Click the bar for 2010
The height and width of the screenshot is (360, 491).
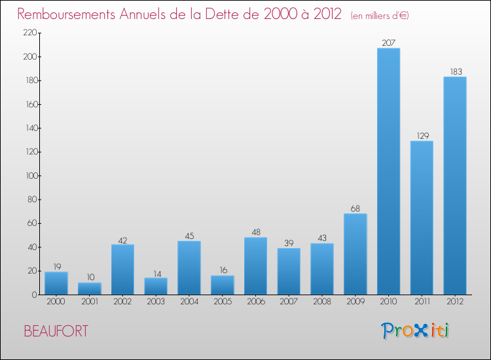388,171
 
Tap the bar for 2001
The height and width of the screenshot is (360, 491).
90,289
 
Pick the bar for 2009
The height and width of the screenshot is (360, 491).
355,254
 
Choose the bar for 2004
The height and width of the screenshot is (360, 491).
189,268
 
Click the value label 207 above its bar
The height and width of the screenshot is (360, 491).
389,43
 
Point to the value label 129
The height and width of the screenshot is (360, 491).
422,136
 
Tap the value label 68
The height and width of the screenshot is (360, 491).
355,209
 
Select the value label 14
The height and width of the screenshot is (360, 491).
156,273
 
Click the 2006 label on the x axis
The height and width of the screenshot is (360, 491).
255,302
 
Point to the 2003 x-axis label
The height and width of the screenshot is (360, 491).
156,302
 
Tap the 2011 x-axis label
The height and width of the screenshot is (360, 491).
422,302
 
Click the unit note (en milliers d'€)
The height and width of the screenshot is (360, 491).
380,16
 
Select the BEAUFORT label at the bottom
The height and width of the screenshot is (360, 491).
56,331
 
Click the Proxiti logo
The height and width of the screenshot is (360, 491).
416,331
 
